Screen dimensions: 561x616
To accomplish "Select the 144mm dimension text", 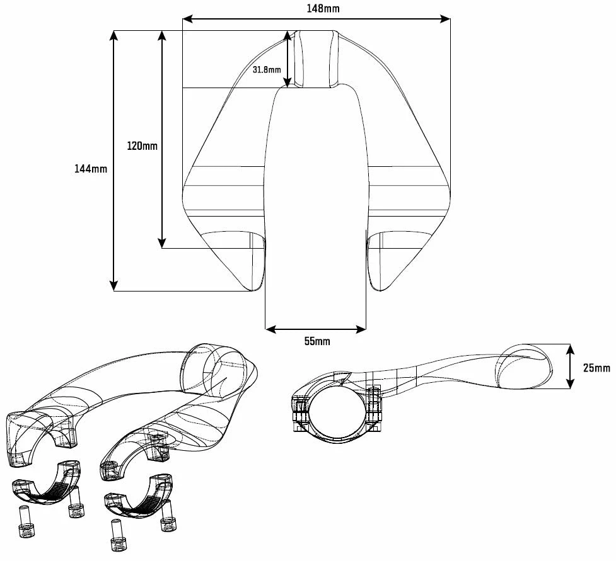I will click(x=91, y=169).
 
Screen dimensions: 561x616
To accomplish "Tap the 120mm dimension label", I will click(x=142, y=146).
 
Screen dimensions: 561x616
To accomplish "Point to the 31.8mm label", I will click(x=266, y=70).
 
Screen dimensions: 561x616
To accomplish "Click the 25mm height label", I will click(x=596, y=368).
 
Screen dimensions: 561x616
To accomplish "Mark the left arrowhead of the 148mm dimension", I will click(x=187, y=20).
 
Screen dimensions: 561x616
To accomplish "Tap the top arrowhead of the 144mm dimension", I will click(x=113, y=35).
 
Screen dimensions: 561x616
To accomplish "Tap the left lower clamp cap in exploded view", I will click(x=47, y=484).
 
